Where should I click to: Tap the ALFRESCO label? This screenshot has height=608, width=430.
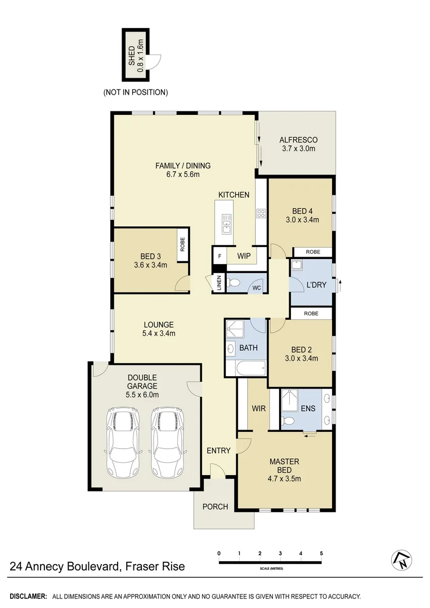(298, 140)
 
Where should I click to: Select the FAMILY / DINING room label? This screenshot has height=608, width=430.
(183, 166)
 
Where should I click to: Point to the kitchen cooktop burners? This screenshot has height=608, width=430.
(261, 213)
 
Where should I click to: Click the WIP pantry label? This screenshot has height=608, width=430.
(244, 256)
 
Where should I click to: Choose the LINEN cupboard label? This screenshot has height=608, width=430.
(219, 282)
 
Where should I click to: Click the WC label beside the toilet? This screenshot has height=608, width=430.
(257, 289)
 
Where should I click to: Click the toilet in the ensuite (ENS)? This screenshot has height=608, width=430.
(288, 420)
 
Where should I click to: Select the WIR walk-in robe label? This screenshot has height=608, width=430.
(259, 408)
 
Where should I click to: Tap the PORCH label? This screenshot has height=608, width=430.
(216, 507)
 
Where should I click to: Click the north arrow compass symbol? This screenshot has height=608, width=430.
(401, 559)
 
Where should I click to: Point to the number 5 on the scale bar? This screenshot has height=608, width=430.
(321, 553)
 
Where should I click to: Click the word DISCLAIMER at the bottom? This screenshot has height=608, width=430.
(28, 596)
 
